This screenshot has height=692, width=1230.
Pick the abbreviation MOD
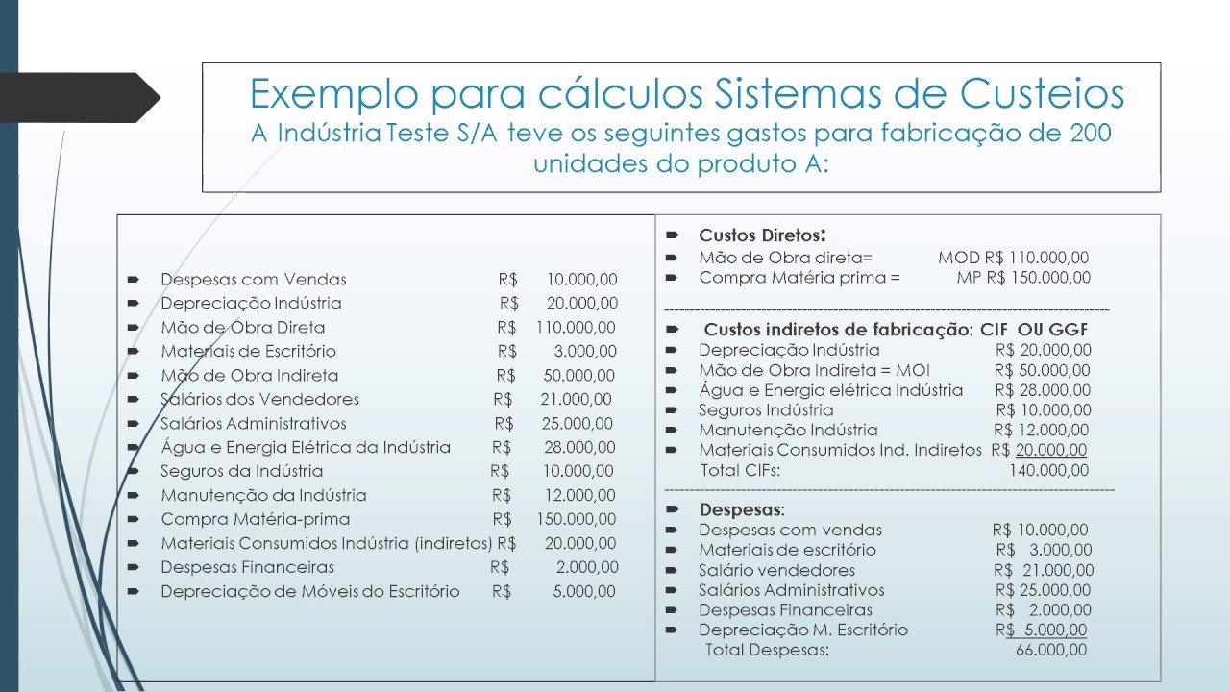coord(959,258)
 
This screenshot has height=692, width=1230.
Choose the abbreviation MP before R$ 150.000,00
coord(969,278)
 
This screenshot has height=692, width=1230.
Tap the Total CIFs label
coord(739,471)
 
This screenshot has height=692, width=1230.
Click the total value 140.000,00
coord(1048,471)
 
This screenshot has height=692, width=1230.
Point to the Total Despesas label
coord(767,651)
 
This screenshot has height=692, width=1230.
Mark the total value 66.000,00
coord(1051,651)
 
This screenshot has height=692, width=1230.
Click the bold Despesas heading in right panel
coord(742,509)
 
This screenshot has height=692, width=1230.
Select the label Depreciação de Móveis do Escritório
coord(309,592)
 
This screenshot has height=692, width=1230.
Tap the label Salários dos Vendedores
coord(259,399)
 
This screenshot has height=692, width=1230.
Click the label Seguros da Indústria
coord(241,471)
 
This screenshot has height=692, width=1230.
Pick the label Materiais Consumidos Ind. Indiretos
coord(840,450)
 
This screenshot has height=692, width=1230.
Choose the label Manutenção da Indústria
coord(263,496)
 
